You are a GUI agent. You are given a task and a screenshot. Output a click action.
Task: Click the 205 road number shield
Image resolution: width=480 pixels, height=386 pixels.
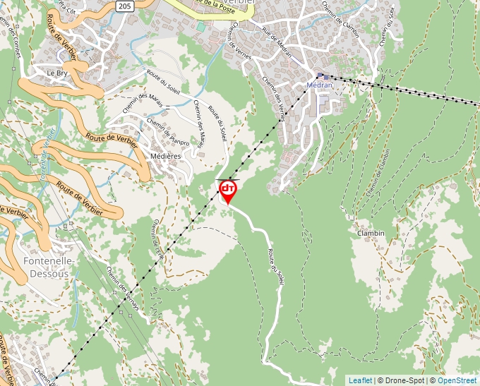pyautogui.click(x=124, y=6)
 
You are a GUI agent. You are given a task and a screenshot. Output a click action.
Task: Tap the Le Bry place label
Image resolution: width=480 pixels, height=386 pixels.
pyautogui.click(x=56, y=73)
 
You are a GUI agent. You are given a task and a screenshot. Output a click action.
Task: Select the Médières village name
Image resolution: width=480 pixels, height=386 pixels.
pyautogui.click(x=166, y=155)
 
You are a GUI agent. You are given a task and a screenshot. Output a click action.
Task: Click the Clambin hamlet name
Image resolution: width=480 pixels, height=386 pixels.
pyautogui.click(x=371, y=233)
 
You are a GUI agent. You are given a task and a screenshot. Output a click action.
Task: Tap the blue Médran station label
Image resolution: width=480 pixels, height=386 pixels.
pyautogui.click(x=320, y=85)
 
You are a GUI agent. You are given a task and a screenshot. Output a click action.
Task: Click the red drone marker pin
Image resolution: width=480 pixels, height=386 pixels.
pyautogui.click(x=228, y=191)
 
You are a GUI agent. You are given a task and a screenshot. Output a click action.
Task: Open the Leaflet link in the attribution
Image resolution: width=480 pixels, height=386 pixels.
pyautogui.click(x=359, y=380)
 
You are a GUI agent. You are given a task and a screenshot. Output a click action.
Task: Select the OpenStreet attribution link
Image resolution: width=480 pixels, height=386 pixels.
pyautogui.click(x=458, y=380)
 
